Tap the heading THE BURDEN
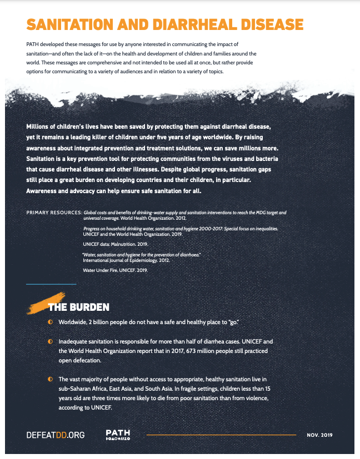78,307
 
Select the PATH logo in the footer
117,435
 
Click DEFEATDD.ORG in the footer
56,435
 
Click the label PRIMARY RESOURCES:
54,213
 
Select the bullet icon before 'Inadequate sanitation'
50,341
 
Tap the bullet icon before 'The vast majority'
50,379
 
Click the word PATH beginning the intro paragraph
33,43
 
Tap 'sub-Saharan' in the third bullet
76,389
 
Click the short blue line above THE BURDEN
51,284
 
